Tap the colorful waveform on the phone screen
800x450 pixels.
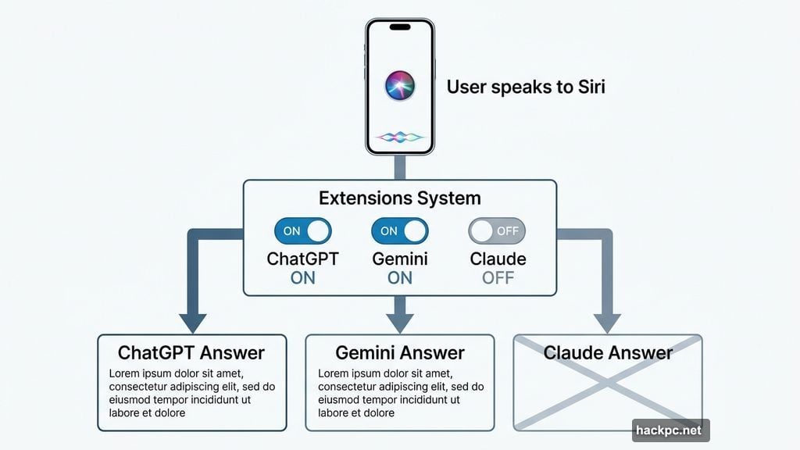pos(400,137)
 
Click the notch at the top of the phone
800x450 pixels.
pos(400,27)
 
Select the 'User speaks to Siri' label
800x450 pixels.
pos(525,87)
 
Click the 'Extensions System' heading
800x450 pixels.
pos(399,198)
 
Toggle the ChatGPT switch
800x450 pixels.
pos(302,231)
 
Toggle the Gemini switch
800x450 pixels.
pos(399,231)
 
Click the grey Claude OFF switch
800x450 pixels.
pos(497,231)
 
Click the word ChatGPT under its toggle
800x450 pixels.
pos(302,259)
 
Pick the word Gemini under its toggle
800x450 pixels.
pos(399,259)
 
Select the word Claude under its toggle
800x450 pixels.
pos(498,259)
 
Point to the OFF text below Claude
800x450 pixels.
pos(498,277)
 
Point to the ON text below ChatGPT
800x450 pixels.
pos(302,277)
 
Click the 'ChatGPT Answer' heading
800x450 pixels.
pos(191,352)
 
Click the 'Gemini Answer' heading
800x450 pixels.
pos(399,352)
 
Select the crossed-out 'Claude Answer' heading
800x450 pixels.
pos(607,352)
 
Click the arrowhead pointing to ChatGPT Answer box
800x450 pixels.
pos(192,323)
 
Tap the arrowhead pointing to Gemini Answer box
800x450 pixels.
pos(399,323)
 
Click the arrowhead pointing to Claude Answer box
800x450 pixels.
pos(607,323)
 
